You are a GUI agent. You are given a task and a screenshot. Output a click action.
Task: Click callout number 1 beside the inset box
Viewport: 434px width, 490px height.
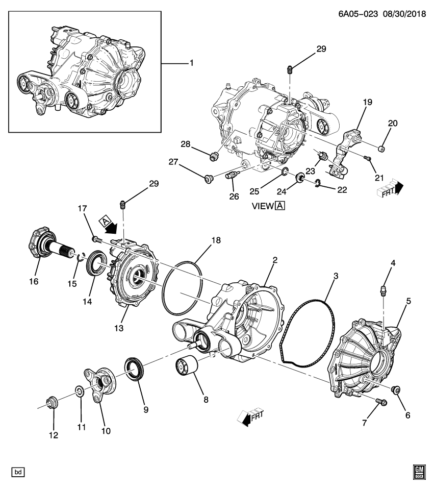(191, 63)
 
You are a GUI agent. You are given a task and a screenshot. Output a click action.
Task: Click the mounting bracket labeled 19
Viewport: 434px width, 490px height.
(344, 153)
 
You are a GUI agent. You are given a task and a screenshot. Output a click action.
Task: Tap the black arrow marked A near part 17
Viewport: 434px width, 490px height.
(109, 224)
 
